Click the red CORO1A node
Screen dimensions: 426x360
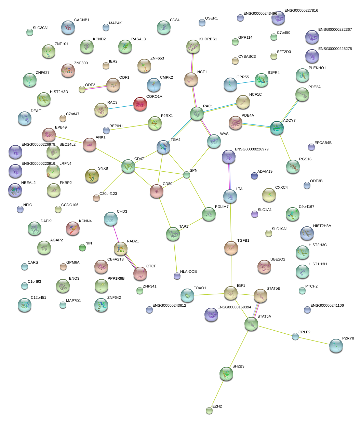coord(140,104)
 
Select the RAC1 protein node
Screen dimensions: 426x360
coord(197,114)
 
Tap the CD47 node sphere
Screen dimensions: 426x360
coord(128,166)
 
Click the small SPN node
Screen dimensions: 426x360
coord(186,175)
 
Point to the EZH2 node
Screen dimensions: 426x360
coord(209,411)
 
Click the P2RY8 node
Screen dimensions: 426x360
coord(336,346)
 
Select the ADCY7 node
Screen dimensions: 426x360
coord(277,128)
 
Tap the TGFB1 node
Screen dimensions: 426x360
coord(231,248)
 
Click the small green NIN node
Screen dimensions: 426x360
coord(82,248)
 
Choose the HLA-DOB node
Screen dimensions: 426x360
coord(177,276)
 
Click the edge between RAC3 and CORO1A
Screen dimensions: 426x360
coord(121,107)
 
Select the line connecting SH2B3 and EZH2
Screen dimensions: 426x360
coord(218,392)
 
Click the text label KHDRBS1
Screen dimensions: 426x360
coord(208,39)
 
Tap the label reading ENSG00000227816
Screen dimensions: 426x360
coord(301,11)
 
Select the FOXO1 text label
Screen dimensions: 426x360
coord(200,288)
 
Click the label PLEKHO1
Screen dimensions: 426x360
coord(317,68)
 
